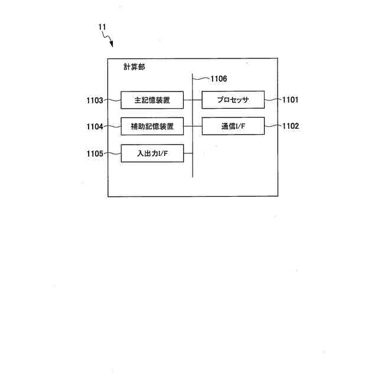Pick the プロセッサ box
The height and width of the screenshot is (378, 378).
pyautogui.click(x=233, y=100)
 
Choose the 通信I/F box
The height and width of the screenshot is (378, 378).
pyautogui.click(x=233, y=126)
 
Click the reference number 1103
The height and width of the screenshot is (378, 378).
pyautogui.click(x=94, y=100)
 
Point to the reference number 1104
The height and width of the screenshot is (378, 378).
pyautogui.click(x=94, y=126)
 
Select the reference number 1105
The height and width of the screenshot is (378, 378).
pyautogui.click(x=94, y=154)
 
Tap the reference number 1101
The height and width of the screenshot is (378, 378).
pyautogui.click(x=290, y=100)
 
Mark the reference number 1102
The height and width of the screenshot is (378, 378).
pyautogui.click(x=290, y=126)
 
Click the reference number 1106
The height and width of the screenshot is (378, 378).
pyautogui.click(x=218, y=78)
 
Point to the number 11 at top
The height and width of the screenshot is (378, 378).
pyautogui.click(x=102, y=27)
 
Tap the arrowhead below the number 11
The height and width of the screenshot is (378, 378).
pyautogui.click(x=111, y=45)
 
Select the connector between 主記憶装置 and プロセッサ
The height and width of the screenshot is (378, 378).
pyautogui.click(x=193, y=100)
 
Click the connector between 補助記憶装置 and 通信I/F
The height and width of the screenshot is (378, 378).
pyautogui.click(x=193, y=126)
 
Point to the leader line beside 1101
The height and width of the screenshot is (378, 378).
pyautogui.click(x=272, y=100)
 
